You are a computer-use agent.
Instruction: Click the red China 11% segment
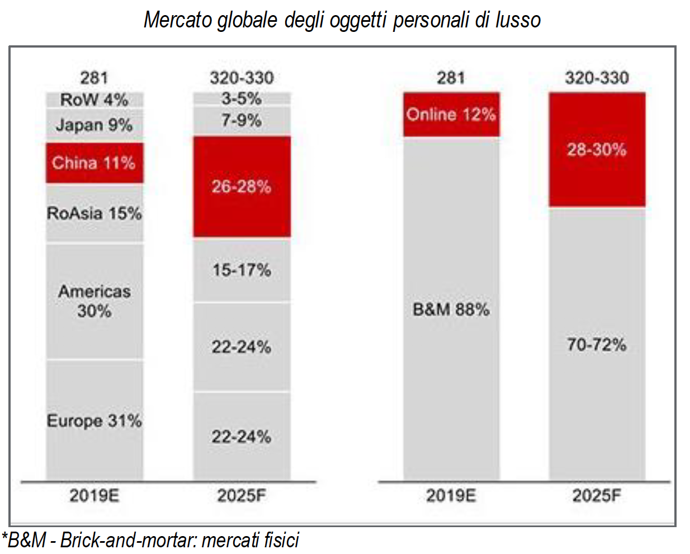tap(94, 163)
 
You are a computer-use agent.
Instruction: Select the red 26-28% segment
tap(242, 186)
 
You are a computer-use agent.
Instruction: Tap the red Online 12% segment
tap(451, 115)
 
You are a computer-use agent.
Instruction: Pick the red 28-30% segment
tap(597, 149)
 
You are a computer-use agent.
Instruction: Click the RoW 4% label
tap(94, 100)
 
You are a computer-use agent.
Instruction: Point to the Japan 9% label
tap(94, 125)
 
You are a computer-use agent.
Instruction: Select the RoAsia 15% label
tap(94, 213)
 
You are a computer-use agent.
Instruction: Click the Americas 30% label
tap(94, 301)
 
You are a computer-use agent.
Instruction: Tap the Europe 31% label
tap(94, 421)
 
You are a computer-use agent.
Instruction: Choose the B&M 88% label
tap(451, 309)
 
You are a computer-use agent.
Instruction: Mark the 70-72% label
tap(597, 344)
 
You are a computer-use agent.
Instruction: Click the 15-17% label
tap(242, 270)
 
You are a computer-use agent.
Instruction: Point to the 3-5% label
tap(242, 99)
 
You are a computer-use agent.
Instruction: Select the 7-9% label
tap(242, 120)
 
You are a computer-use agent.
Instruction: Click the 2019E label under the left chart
tap(94, 495)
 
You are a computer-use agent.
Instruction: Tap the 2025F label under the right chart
tap(597, 495)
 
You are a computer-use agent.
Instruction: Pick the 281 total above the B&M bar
tap(451, 78)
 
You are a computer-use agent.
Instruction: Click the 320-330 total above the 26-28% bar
tap(242, 78)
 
